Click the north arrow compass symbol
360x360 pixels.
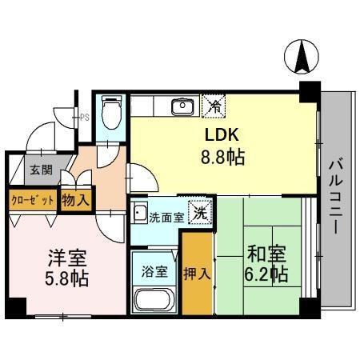pos(303,56)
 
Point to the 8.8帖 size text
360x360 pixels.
pos(222,157)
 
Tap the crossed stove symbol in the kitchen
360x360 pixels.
pos(214,104)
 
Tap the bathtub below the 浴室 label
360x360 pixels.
pos(154,301)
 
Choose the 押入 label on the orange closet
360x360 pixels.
pos(198,273)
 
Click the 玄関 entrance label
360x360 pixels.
pos(41,170)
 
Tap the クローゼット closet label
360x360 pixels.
pos(32,198)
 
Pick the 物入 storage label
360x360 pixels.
pos(77,198)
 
